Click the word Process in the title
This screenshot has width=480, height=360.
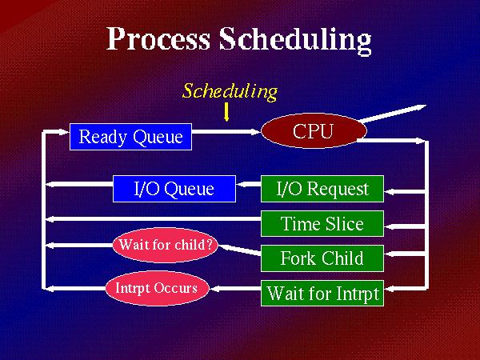158,39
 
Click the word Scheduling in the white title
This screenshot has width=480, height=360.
295,41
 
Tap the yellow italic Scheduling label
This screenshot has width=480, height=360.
230,91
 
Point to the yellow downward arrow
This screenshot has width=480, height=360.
226,112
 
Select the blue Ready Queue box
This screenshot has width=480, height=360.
130,137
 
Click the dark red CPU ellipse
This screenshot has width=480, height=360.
314,130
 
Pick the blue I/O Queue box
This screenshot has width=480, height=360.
174,189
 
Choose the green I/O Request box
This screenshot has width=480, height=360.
322,189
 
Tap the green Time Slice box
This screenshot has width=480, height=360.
322,223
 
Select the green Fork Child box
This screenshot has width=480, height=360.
322,258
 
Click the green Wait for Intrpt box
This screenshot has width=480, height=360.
322,293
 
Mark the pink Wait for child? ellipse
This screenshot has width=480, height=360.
166,245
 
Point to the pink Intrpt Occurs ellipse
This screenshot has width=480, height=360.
157,288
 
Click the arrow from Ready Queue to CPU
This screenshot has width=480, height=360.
226,132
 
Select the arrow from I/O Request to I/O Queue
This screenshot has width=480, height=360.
248,185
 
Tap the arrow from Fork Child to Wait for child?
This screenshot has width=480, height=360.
240,250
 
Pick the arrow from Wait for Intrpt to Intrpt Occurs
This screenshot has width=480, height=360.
235,288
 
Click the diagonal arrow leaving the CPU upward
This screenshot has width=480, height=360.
393,114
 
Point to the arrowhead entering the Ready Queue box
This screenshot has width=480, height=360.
65,132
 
